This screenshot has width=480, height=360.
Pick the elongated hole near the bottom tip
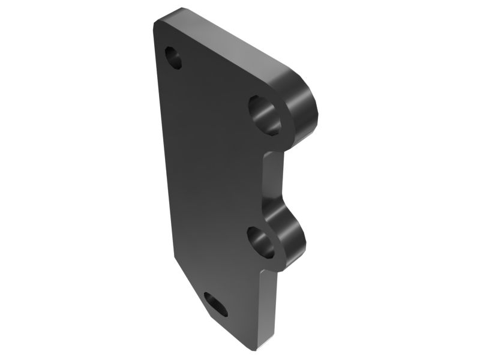click(215, 304)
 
